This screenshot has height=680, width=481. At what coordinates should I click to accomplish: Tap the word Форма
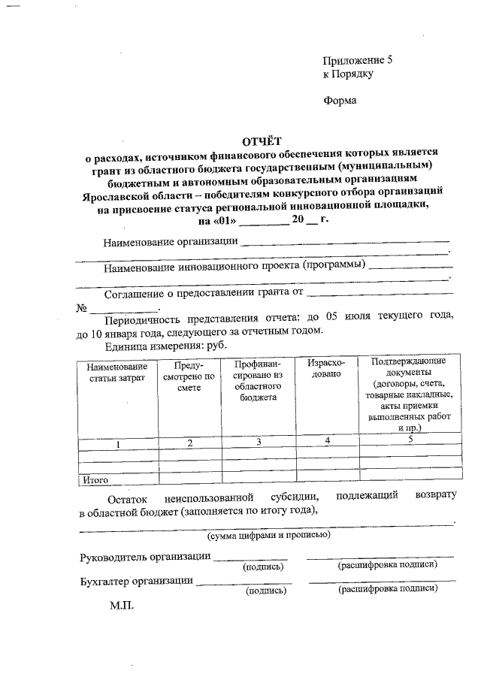point(340,101)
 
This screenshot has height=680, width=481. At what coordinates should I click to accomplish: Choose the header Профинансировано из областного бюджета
point(258,381)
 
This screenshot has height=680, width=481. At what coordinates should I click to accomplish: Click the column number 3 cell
point(258,443)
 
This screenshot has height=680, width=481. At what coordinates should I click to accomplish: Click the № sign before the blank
point(82,309)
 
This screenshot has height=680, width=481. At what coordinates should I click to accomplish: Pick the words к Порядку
point(348,74)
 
